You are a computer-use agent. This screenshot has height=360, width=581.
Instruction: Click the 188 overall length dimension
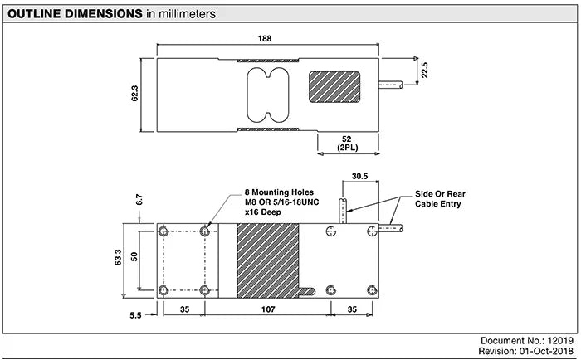click(x=265, y=39)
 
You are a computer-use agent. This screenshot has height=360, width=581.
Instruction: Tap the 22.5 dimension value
click(x=425, y=71)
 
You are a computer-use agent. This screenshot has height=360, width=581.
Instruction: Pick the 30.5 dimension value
click(x=359, y=177)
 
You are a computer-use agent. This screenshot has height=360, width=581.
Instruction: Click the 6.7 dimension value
click(x=140, y=199)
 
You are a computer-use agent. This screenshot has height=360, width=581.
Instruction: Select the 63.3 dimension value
click(x=120, y=259)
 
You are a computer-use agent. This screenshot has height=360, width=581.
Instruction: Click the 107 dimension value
click(x=266, y=309)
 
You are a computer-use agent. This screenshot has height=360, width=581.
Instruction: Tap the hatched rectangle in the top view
click(x=334, y=88)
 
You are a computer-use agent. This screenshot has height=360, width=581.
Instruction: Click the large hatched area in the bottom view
click(x=267, y=260)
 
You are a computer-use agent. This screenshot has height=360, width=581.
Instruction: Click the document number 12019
click(x=560, y=341)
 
